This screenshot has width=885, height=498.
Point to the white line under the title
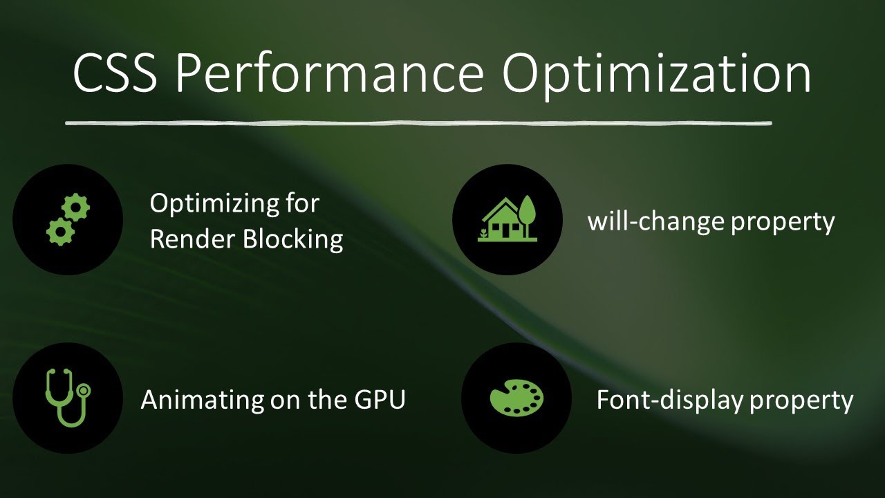click(418, 124)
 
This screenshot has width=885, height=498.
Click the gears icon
click(68, 220)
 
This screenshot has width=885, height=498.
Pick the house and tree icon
click(507, 219)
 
